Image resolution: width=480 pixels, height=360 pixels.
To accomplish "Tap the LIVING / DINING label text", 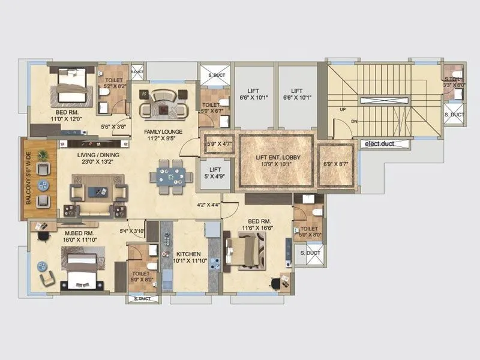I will (98, 155).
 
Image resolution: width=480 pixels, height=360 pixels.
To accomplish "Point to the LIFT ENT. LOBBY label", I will (276, 157).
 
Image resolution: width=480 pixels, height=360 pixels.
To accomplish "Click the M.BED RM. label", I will (79, 233).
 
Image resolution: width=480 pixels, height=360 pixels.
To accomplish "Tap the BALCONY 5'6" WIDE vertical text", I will (28, 179).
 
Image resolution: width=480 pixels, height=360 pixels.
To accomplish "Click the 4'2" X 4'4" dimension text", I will (209, 205).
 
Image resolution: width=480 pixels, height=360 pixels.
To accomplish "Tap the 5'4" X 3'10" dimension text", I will (132, 231).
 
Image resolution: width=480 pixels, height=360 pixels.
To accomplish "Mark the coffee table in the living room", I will (97, 192).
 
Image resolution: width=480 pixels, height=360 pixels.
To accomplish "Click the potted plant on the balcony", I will (43, 155).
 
